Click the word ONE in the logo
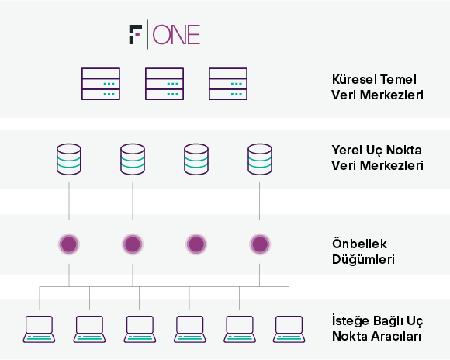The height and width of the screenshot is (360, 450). click(176, 35)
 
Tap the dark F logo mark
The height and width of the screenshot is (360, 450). click(136, 35)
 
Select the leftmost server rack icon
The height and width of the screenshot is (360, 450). click(101, 84)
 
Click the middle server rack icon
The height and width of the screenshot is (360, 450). click(164, 84)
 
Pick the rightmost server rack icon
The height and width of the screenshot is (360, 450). click(228, 84)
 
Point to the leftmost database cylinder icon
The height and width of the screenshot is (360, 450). click(69, 159)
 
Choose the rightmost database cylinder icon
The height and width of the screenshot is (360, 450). click(260, 159)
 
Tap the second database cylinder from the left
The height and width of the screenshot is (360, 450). click(133, 159)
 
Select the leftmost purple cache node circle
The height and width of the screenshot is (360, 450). click(69, 244)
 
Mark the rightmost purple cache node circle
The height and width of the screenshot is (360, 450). click(260, 244)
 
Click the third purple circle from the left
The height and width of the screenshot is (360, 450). click(196, 244)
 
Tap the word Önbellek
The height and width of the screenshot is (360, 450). click(359, 244)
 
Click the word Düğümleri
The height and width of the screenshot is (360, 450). click(363, 259)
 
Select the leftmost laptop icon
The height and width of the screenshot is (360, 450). click(39, 329)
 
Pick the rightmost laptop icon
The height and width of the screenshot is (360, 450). click(289, 329)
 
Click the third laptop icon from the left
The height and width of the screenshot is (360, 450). click(140, 329)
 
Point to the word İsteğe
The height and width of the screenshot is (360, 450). click(348, 320)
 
